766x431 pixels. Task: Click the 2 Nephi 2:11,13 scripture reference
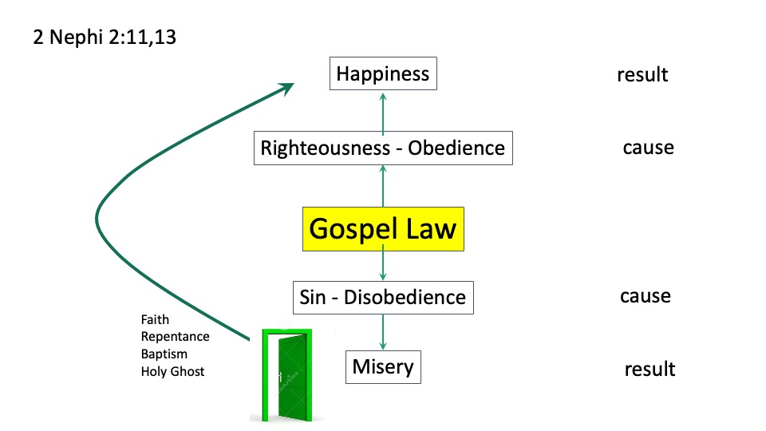[105, 38]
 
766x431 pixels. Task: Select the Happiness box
[383, 75]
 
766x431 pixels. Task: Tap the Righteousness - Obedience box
[383, 148]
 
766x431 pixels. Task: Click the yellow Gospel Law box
[383, 229]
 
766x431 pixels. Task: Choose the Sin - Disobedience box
[383, 297]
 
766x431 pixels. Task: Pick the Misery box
[383, 367]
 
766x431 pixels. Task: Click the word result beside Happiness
[642, 76]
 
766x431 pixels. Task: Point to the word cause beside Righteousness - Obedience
[648, 148]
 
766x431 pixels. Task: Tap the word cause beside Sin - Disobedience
[645, 296]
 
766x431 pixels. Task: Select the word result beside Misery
[650, 370]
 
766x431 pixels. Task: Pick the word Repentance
[175, 337]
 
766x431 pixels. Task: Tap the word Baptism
[164, 354]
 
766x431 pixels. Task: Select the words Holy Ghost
[172, 371]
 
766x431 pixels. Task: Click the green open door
[281, 374]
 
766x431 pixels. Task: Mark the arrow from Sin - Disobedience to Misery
[383, 331]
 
